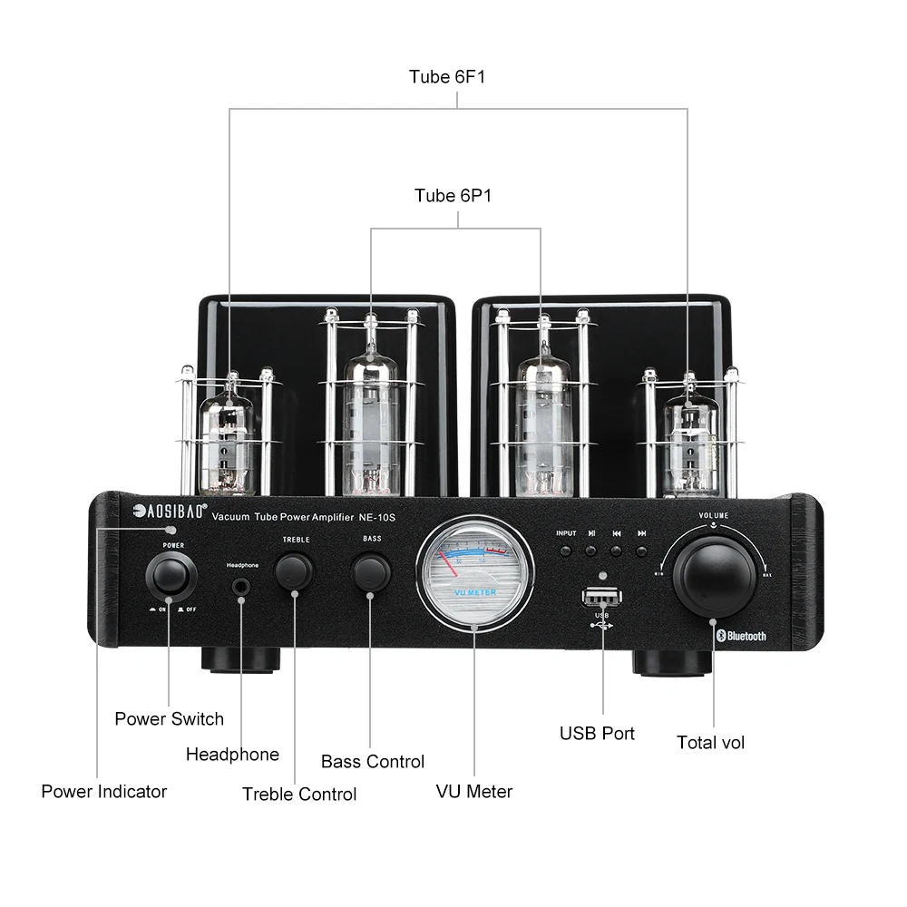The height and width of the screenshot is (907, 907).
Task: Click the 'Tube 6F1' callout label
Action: pyautogui.click(x=447, y=77)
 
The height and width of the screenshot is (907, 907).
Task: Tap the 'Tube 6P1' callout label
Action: pyautogui.click(x=453, y=196)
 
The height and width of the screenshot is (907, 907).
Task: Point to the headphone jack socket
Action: pyautogui.click(x=241, y=587)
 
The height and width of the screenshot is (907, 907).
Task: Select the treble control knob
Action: pyautogui.click(x=294, y=571)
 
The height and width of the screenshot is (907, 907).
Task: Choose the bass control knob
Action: pyautogui.click(x=372, y=571)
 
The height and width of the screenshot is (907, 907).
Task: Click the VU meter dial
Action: pyautogui.click(x=474, y=572)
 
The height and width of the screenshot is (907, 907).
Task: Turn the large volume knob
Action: pyautogui.click(x=714, y=576)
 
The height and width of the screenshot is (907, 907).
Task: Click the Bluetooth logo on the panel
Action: pyautogui.click(x=741, y=636)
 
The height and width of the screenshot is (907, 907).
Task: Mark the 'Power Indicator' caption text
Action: pyautogui.click(x=104, y=792)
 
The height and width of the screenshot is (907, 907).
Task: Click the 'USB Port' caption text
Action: pyautogui.click(x=597, y=734)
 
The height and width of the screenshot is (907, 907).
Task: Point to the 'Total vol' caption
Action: pyautogui.click(x=710, y=743)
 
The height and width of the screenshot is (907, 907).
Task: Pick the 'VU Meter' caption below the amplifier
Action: pyautogui.click(x=473, y=792)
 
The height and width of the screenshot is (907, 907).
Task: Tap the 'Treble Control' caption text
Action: pyautogui.click(x=299, y=795)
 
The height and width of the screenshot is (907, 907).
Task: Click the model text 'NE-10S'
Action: pyautogui.click(x=379, y=517)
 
